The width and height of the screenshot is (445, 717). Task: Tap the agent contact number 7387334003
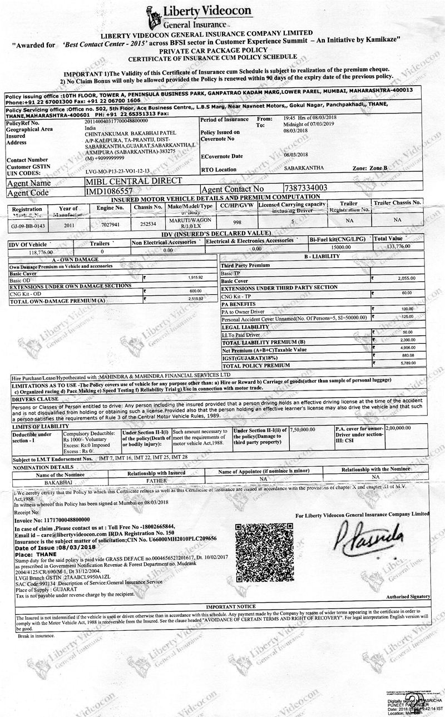tap(313, 188)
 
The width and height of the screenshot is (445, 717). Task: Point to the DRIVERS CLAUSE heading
tap(35, 399)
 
